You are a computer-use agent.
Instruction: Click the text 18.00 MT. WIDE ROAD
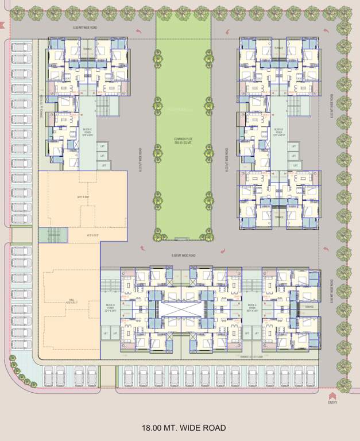184,428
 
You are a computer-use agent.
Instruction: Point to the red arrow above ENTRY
331,396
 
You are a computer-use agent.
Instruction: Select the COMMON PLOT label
183,141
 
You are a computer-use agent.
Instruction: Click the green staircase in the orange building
53,234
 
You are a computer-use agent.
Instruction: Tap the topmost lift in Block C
102,146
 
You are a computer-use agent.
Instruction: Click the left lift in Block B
106,333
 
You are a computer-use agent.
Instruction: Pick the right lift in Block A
257,333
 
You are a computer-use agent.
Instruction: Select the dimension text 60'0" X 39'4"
83,198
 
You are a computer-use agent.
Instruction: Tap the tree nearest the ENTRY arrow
343,384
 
